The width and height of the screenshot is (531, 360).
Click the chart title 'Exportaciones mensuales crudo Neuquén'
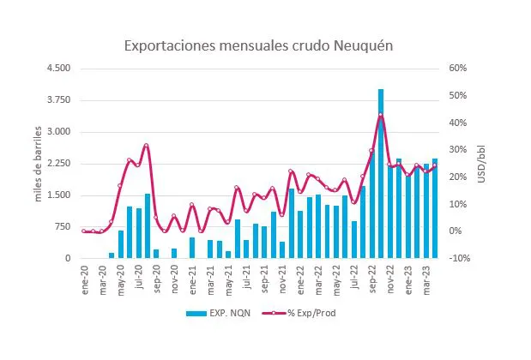[258, 45]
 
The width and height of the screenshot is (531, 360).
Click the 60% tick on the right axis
[457, 69]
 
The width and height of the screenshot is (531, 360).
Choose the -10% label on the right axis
[457, 258]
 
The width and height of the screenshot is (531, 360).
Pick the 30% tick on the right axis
[457, 150]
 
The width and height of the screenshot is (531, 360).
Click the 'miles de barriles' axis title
[38, 164]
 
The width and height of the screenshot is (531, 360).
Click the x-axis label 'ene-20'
[84, 276]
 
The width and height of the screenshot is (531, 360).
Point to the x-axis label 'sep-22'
[373, 276]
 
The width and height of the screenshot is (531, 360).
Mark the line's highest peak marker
[381, 115]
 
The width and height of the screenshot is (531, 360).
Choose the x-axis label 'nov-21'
[283, 276]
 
